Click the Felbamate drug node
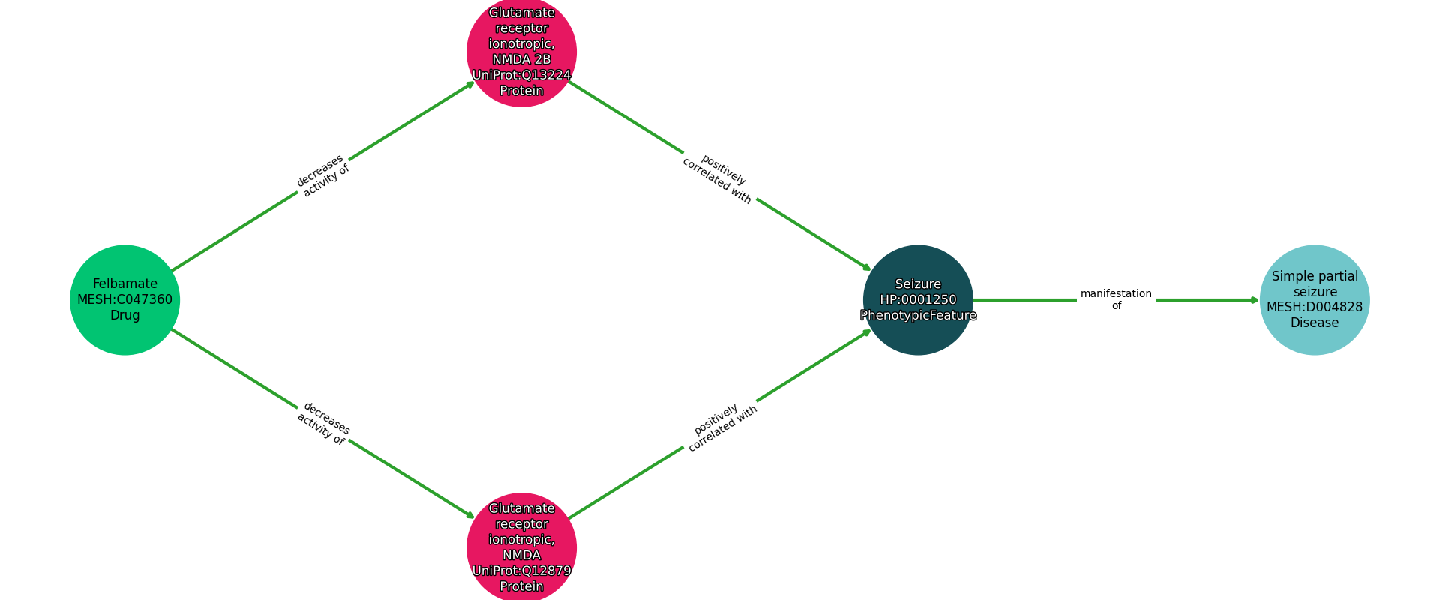pyautogui.click(x=124, y=299)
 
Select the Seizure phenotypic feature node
pyautogui.click(x=918, y=299)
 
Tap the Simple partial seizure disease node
pyautogui.click(x=1314, y=299)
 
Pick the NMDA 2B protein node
pyautogui.click(x=521, y=51)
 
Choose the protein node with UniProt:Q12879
pyautogui.click(x=521, y=547)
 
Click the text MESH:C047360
pyautogui.click(x=124, y=300)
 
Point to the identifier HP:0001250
pyautogui.click(x=918, y=300)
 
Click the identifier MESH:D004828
pyautogui.click(x=1314, y=307)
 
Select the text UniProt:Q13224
pyautogui.click(x=521, y=75)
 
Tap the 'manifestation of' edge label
pyautogui.click(x=1116, y=299)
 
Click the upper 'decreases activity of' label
pyautogui.click(x=322, y=175)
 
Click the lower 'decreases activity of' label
pyautogui.click(x=323, y=424)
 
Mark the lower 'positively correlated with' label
pyautogui.click(x=721, y=427)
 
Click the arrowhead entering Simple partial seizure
pyautogui.click(x=1255, y=300)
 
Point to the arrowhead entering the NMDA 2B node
pyautogui.click(x=471, y=83)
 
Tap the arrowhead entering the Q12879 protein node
pyautogui.click(x=471, y=516)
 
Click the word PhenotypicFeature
pyautogui.click(x=918, y=316)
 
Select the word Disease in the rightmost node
pyautogui.click(x=1314, y=322)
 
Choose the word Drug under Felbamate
pyautogui.click(x=124, y=315)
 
